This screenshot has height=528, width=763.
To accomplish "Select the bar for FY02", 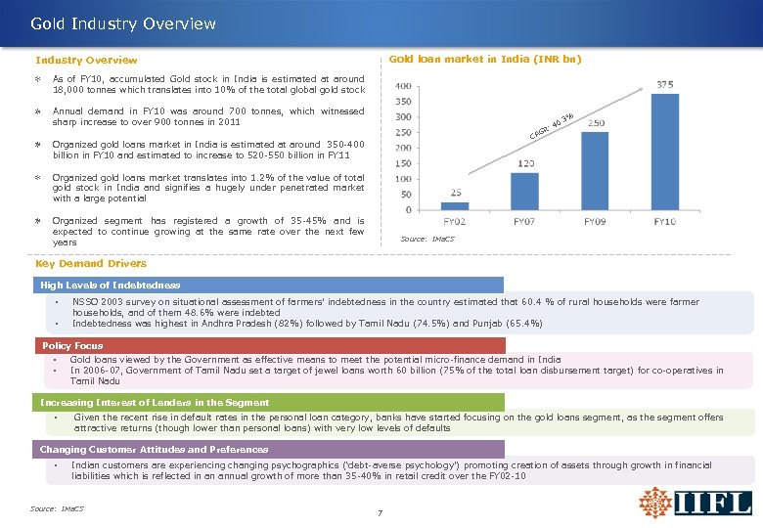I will pos(455,205).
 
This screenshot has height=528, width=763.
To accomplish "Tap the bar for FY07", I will pos(525,191).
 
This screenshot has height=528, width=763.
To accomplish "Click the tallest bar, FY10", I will pos(665,153).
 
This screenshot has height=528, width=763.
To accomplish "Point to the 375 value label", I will pos(666,84).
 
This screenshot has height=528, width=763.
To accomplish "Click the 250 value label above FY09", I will pos(596,123).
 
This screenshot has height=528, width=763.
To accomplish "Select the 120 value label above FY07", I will pos(525,162).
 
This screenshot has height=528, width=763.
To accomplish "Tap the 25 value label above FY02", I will pos(455,192).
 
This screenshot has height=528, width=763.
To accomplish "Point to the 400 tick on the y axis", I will pos(402,85).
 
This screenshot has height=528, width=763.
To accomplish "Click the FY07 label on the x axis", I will pos(525,222).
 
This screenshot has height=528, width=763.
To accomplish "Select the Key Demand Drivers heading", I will pos(91,263).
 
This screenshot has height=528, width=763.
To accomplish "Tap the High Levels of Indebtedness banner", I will pos(110,285).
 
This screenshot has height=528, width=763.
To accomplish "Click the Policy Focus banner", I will pos(72,345).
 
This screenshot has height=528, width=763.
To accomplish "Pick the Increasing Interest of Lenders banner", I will pos(154,402).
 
